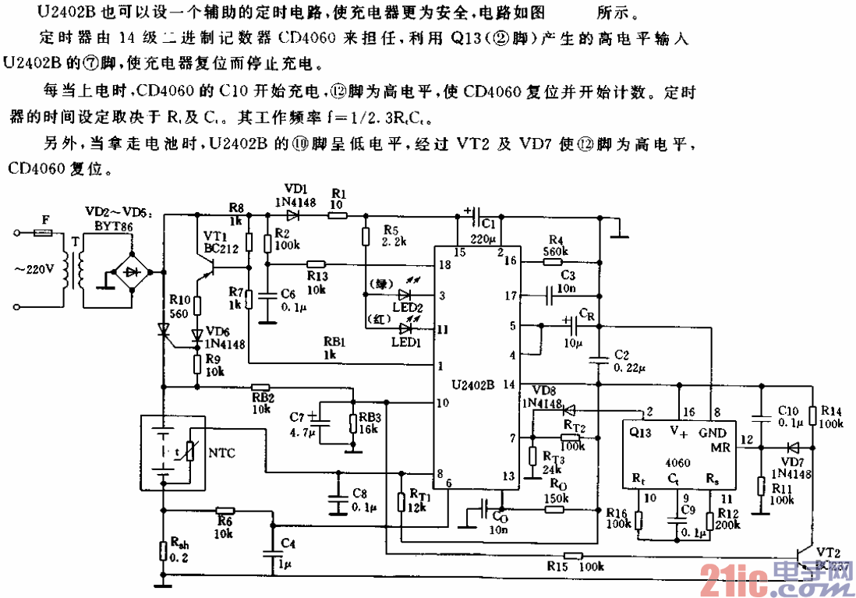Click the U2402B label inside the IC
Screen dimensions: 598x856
472,384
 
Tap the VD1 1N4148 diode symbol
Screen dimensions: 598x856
294,215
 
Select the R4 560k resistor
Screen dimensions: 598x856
552,263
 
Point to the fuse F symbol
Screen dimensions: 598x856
44,232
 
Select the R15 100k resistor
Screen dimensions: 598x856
573,556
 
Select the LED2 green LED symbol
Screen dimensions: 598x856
404,295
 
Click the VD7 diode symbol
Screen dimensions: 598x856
793,448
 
